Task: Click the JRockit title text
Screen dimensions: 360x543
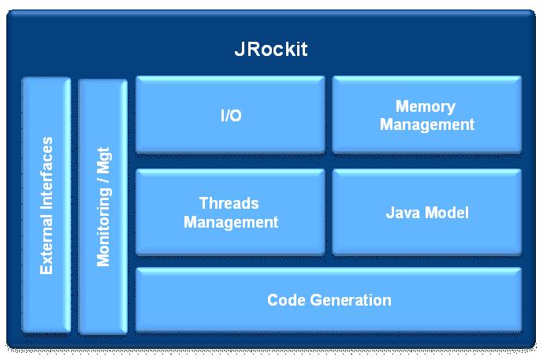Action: point(270,49)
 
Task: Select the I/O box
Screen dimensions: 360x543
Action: point(230,114)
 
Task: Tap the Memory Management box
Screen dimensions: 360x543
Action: point(426,114)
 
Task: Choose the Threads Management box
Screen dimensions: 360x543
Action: point(230,212)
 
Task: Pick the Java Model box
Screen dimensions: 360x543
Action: point(426,212)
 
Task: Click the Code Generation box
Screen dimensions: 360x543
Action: point(329,299)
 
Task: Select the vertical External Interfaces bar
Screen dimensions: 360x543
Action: point(46,205)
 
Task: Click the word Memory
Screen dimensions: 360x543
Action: point(426,106)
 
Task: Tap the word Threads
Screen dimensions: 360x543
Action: point(229,203)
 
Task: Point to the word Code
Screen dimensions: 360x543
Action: point(284,300)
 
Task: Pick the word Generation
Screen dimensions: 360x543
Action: point(347,300)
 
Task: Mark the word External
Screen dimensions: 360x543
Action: point(47,246)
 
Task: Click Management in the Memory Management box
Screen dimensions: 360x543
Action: point(427,124)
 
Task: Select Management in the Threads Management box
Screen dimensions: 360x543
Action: point(231,222)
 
